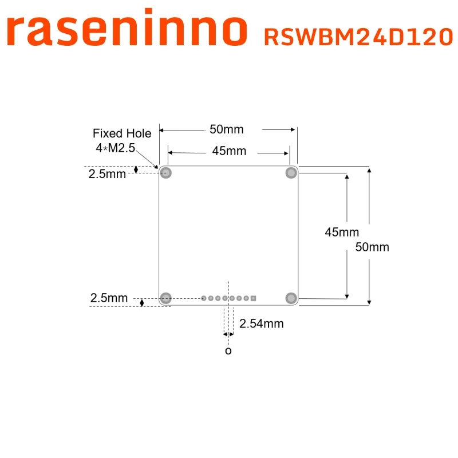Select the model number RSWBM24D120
pos(358,37)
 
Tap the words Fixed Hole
pos(122,133)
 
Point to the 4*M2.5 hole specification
pos(114,149)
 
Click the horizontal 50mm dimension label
pos(226,129)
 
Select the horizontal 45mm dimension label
pos(229,151)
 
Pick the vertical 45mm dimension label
pos(342,232)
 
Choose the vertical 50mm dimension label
pos(372,247)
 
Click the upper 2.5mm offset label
pos(107,174)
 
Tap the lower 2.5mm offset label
pos(109,298)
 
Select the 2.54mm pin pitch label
pos(262,323)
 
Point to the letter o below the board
pos(228,350)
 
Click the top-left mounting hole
pos(166,173)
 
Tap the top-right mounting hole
pos(291,173)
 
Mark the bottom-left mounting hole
pos(166,298)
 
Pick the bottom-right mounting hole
pos(291,298)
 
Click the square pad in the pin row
pos(253,298)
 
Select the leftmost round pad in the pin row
pos(204,298)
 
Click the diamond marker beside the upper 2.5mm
pos(136,169)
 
